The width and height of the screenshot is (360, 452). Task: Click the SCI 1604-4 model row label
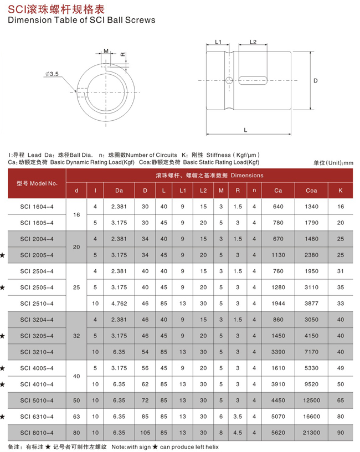coord(37,207)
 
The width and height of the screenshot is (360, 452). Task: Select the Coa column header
coord(311,191)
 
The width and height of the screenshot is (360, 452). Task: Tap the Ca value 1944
coord(278,303)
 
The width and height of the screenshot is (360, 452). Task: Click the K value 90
coord(340,432)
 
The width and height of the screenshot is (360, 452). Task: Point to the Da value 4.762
coord(119,303)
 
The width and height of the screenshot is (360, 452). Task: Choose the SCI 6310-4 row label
coord(37,415)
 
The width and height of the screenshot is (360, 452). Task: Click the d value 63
coord(76,415)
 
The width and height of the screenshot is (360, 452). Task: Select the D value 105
coord(145,432)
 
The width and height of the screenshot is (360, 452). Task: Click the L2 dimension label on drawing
coord(253,42)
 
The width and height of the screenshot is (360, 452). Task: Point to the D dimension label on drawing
coord(315,81)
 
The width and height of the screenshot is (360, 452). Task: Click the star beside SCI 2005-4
coord(3,255)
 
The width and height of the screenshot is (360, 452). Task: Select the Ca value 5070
coord(278,415)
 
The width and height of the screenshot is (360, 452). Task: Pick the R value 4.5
coord(237,432)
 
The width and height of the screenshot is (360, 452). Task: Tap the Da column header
coord(119,191)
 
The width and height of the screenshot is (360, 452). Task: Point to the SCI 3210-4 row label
coord(37,351)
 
